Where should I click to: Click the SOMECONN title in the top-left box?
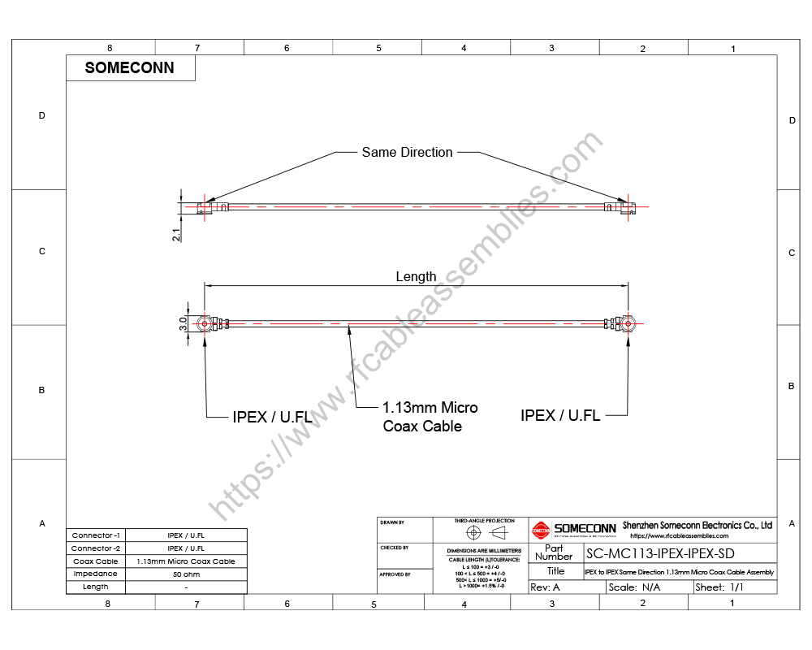click(130, 68)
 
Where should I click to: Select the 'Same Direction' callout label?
click(407, 152)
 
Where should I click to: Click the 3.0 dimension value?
click(184, 323)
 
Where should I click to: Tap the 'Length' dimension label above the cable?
click(416, 276)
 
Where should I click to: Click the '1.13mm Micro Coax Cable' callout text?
click(430, 417)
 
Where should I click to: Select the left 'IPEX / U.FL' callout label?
click(271, 417)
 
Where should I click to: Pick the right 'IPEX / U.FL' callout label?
click(560, 415)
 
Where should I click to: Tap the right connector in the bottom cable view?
click(628, 323)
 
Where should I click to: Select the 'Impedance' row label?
click(96, 574)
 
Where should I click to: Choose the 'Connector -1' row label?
click(96, 535)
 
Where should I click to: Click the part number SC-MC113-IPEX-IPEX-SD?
click(659, 554)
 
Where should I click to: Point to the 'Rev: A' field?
click(545, 587)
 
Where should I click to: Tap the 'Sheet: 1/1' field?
click(719, 587)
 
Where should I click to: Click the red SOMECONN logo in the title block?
click(541, 531)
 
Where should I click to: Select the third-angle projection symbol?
click(485, 532)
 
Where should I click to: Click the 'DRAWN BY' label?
click(392, 522)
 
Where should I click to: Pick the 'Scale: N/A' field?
click(634, 587)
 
